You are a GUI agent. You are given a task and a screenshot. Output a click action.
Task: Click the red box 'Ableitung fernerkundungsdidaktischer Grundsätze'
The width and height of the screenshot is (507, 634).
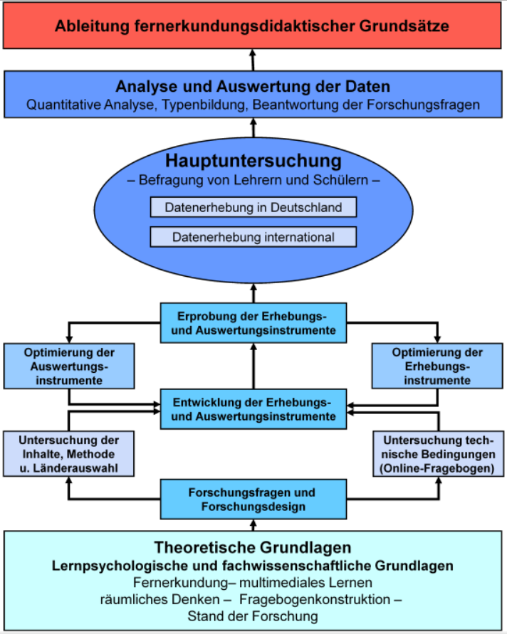click(252, 26)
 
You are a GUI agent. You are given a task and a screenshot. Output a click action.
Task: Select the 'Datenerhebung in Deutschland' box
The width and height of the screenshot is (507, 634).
click(254, 208)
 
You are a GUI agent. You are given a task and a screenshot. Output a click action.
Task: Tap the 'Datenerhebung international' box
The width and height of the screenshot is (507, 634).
click(254, 237)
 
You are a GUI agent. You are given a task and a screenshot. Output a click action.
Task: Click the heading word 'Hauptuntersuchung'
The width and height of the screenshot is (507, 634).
click(254, 161)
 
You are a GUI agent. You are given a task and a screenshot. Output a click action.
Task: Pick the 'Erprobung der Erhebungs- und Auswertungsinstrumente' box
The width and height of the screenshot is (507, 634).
click(254, 323)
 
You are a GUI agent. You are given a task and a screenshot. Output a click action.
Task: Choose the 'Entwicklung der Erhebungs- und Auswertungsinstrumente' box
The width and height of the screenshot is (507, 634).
click(254, 409)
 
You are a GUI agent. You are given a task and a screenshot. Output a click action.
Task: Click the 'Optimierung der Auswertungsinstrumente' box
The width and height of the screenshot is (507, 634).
click(69, 366)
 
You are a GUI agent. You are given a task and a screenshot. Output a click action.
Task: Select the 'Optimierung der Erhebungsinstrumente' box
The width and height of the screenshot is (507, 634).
click(437, 366)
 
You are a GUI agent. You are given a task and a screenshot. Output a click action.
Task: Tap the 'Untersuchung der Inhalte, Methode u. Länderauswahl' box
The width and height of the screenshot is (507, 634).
click(69, 454)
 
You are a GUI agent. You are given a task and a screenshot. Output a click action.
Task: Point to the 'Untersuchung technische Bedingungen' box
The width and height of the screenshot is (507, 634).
click(438, 454)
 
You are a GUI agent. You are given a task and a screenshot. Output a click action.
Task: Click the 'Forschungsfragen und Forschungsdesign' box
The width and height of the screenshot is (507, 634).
click(254, 500)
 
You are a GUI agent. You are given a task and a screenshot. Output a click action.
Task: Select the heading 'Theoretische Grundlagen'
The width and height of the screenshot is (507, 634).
click(253, 547)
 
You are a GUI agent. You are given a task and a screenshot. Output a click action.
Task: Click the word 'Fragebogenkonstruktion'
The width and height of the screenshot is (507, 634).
click(315, 599)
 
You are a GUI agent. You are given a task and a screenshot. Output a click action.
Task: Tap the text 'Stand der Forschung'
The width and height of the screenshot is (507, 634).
click(253, 616)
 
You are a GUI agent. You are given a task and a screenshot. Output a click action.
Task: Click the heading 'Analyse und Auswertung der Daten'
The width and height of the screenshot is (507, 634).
click(253, 87)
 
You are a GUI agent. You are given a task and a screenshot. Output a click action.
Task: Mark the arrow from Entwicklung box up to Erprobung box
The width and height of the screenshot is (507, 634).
click(254, 366)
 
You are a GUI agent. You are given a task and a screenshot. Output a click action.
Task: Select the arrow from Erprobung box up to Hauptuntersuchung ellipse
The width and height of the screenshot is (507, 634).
click(254, 293)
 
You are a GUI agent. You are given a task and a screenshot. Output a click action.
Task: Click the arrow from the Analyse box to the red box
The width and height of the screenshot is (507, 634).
click(253, 60)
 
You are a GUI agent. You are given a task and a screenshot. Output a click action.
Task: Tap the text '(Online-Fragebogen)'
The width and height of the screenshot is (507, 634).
click(437, 468)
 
